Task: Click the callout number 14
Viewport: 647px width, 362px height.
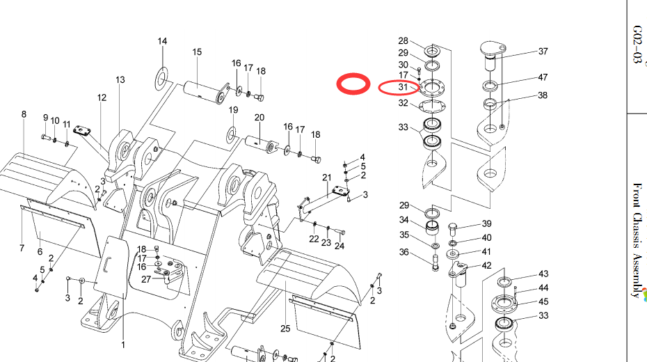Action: point(162,42)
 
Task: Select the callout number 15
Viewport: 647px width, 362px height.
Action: point(197,52)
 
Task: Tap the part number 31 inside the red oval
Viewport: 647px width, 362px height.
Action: point(403,87)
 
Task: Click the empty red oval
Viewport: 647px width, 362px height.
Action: point(353,84)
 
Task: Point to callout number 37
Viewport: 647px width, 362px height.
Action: point(543,52)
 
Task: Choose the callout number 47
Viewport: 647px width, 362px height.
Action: point(543,77)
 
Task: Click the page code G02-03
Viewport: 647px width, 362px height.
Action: point(637,45)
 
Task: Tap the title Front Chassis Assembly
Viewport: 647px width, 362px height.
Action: point(637,239)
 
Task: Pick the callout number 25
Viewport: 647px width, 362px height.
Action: point(285,329)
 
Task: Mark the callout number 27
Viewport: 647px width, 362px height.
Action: point(146,279)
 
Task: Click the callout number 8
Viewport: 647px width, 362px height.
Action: point(24,114)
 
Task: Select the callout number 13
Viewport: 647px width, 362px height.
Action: point(120,80)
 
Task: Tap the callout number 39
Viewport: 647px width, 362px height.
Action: point(487,224)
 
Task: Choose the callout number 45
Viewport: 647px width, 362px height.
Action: point(543,301)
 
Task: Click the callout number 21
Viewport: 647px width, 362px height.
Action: point(327,178)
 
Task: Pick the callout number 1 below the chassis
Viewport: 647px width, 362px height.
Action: point(123,345)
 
